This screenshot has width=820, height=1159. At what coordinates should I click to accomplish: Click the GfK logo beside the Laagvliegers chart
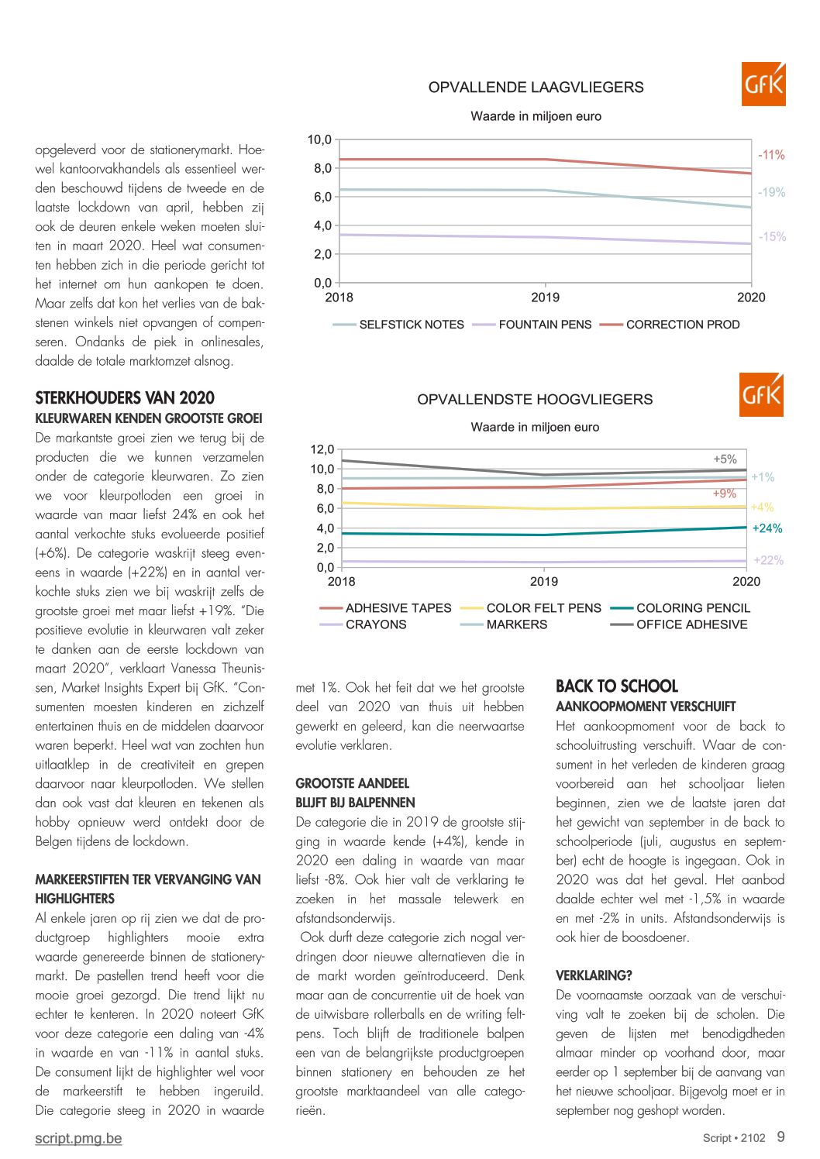pyautogui.click(x=763, y=84)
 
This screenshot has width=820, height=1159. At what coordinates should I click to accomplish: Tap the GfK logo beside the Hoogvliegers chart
pyautogui.click(x=762, y=394)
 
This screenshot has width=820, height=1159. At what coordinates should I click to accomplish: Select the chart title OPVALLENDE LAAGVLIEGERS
pyautogui.click(x=536, y=88)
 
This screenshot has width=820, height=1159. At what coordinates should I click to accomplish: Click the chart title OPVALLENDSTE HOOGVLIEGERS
pyautogui.click(x=535, y=400)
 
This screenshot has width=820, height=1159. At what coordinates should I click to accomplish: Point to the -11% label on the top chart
pyautogui.click(x=771, y=155)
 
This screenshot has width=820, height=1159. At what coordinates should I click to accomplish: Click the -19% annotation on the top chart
pyautogui.click(x=771, y=192)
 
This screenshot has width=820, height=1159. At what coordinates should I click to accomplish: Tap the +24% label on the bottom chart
pyautogui.click(x=767, y=528)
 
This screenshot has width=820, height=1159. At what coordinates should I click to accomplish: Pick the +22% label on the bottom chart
pyautogui.click(x=768, y=560)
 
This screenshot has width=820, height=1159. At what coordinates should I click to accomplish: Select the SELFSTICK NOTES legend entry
pyautogui.click(x=398, y=325)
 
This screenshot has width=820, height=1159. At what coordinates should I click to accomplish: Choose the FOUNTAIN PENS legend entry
pyautogui.click(x=532, y=325)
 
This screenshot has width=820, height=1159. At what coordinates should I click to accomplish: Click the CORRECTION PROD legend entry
pyautogui.click(x=670, y=325)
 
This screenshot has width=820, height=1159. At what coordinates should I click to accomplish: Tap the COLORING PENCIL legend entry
pyautogui.click(x=680, y=608)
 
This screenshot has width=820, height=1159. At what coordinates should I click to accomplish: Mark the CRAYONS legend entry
pyautogui.click(x=363, y=624)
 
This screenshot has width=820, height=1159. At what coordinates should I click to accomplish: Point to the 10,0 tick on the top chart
pyautogui.click(x=319, y=139)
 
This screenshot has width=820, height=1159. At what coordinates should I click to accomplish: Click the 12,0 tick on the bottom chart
pyautogui.click(x=322, y=449)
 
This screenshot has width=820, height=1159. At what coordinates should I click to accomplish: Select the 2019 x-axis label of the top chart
pyautogui.click(x=545, y=297)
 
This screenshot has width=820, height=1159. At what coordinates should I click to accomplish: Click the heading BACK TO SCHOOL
pyautogui.click(x=617, y=686)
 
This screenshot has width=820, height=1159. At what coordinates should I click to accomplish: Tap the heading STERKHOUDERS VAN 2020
pyautogui.click(x=125, y=398)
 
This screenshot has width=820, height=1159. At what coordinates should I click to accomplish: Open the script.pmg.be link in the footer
pyautogui.click(x=79, y=1138)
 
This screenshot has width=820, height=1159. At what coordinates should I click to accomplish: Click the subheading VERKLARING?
pyautogui.click(x=594, y=975)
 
